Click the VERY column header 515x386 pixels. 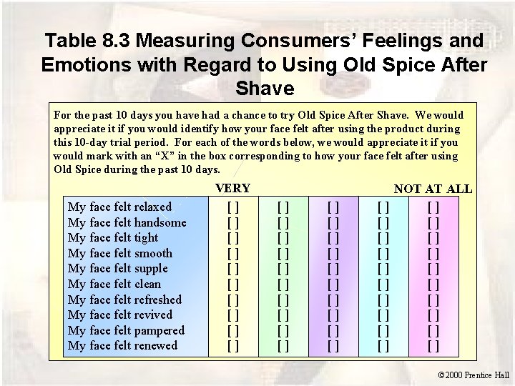click(233, 189)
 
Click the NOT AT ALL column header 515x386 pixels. click(433, 189)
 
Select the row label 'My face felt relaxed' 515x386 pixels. click(119, 207)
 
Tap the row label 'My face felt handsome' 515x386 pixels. click(127, 222)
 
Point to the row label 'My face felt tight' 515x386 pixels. click(113, 238)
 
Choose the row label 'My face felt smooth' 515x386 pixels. click(120, 253)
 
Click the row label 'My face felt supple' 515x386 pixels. click(118, 269)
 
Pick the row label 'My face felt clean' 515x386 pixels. click(114, 284)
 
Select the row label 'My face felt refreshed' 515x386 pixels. click(124, 300)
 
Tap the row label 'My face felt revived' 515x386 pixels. click(120, 315)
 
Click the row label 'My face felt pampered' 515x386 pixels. click(126, 330)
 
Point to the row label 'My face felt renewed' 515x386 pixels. click(122, 346)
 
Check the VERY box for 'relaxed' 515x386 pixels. click(232, 207)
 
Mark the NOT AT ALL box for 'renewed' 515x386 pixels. click(433, 346)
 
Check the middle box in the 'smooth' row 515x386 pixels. click(333, 253)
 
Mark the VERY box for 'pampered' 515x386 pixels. click(232, 330)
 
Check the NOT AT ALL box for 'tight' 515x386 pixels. click(433, 238)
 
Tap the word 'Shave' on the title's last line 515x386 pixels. click(264, 89)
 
